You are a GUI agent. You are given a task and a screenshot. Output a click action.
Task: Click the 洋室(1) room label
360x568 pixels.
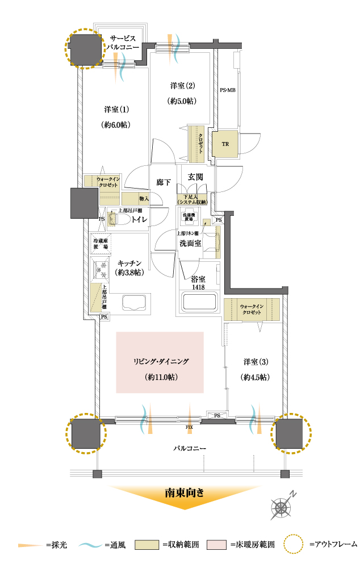[116, 108]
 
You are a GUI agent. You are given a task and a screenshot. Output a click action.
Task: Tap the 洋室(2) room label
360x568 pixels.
[182, 86]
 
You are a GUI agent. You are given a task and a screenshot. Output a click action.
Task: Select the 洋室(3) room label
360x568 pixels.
[256, 362]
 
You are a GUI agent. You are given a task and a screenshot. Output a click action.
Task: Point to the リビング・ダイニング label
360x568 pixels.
[161, 361]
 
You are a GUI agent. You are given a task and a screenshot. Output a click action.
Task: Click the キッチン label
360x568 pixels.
[130, 264]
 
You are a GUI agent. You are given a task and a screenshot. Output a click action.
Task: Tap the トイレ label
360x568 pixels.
[140, 219]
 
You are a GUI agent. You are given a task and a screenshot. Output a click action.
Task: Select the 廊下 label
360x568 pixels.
[164, 183]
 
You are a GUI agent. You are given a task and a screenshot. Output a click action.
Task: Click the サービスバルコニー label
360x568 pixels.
[122, 43]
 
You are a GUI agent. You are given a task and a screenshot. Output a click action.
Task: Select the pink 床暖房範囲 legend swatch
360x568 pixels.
[219, 545]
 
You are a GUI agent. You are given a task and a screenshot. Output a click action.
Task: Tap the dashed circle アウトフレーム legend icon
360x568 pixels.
[294, 544]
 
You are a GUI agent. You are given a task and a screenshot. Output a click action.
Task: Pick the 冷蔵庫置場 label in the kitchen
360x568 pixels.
[102, 245]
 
